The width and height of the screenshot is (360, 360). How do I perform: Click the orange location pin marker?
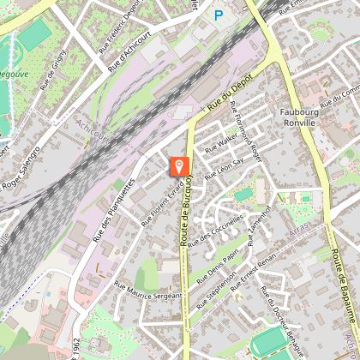[180, 166]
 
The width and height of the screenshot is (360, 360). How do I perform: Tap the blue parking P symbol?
[218, 15]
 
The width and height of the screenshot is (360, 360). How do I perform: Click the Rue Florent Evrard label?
[162, 203]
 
